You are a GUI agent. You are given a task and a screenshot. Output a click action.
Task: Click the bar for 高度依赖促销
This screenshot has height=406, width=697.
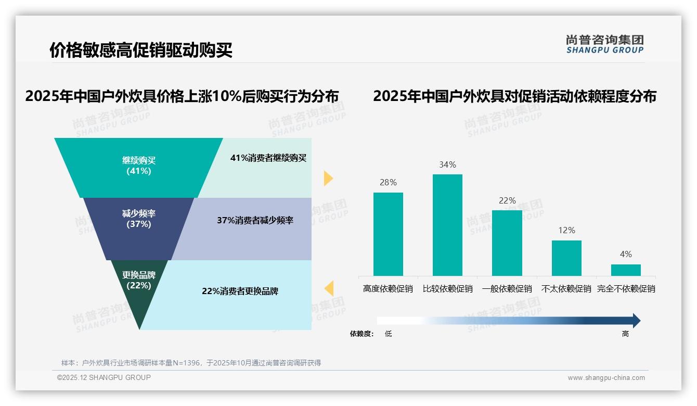click(388, 234)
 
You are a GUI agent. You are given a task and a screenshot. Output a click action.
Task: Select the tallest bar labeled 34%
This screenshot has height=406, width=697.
click(447, 225)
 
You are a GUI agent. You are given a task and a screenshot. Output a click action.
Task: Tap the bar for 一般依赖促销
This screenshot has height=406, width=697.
click(507, 243)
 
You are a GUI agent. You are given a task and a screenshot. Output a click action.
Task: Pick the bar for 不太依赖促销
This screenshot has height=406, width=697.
click(566, 258)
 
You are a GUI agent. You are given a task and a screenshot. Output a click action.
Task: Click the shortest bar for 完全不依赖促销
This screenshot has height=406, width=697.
click(626, 270)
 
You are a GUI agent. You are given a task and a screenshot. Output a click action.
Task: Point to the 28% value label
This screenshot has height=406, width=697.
click(388, 182)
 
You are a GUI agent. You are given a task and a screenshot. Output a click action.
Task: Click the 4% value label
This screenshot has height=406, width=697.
click(626, 254)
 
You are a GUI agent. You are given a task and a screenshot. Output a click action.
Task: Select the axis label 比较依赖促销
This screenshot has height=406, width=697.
click(447, 288)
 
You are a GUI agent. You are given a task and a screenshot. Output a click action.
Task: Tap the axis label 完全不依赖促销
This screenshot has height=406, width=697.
click(626, 288)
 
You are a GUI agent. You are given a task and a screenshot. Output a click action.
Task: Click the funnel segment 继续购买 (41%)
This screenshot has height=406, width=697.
click(139, 166)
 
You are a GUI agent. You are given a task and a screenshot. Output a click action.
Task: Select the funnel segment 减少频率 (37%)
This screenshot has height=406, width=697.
click(139, 219)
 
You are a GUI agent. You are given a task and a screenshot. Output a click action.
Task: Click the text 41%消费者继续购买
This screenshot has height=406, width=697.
click(268, 158)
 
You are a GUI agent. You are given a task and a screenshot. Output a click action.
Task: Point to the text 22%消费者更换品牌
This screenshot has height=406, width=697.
click(240, 291)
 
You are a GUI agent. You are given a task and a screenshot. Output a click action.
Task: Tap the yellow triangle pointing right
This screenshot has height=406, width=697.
click(328, 178)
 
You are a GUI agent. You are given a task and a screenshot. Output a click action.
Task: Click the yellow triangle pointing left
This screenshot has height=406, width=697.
click(329, 288)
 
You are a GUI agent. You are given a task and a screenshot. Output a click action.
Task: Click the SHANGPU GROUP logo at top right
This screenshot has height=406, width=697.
click(605, 44)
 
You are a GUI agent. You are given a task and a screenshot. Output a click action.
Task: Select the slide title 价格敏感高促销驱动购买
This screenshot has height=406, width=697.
click(140, 50)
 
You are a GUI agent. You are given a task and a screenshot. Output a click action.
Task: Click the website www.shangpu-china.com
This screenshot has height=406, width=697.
click(606, 378)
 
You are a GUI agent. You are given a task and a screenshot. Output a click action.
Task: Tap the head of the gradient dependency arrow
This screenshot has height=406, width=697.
click(636, 321)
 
